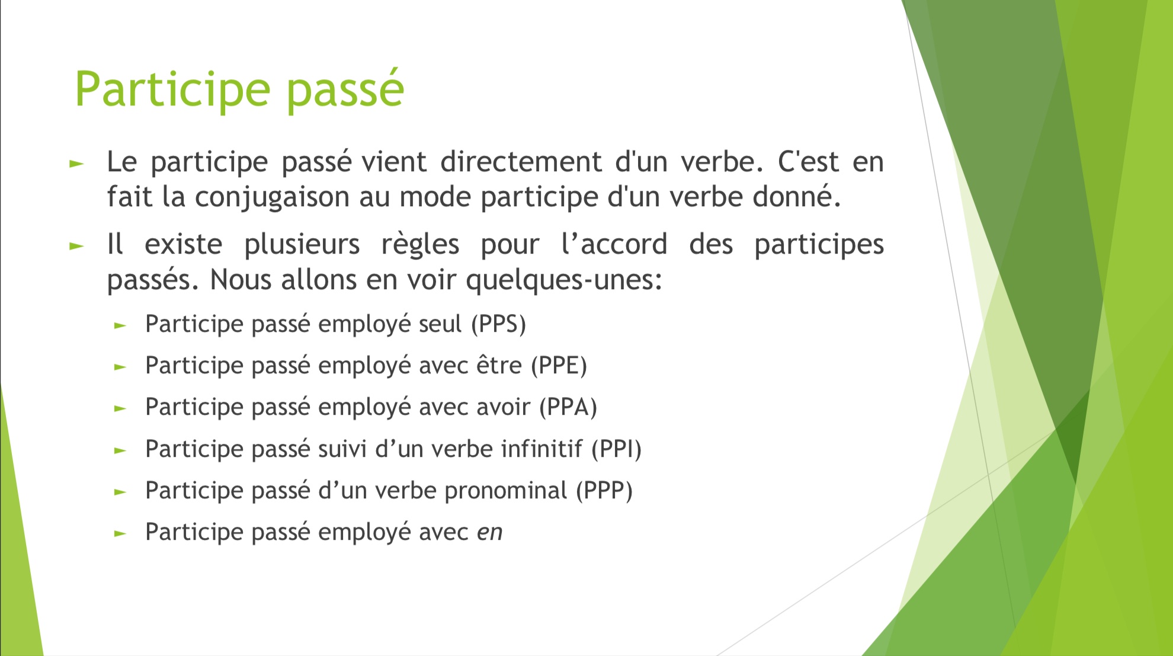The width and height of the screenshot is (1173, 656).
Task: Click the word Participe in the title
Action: pos(172,89)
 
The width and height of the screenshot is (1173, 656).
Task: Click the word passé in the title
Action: pos(346,89)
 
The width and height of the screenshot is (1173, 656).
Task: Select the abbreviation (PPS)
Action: pos(499,324)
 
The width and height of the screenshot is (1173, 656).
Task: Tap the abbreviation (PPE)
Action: pos(559,366)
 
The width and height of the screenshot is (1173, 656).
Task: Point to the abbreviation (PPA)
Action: pos(568,407)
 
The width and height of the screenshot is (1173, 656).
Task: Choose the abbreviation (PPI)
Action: pos(617,449)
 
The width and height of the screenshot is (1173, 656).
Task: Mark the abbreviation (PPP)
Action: pos(604,491)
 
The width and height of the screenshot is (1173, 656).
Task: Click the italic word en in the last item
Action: pos(490,533)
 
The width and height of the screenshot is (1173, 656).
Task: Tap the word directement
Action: pos(521,162)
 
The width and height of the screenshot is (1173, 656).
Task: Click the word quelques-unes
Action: pos(564,280)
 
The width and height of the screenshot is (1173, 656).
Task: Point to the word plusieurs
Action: pos(302,245)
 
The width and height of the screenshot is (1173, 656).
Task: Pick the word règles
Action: pos(420,245)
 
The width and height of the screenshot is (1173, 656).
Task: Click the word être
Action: pos(499,366)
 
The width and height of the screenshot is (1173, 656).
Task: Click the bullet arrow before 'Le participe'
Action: pos(76,164)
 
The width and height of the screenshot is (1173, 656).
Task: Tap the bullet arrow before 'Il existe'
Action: pos(76,246)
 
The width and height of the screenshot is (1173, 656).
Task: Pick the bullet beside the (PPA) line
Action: pos(120,409)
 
